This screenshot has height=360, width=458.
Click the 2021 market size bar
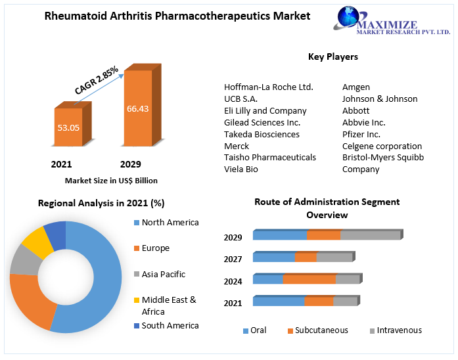click(x=68, y=127)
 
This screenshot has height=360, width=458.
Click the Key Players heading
click(x=333, y=56)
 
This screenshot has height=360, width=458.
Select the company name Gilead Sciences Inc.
click(x=262, y=122)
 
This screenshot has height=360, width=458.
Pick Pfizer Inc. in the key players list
click(x=361, y=134)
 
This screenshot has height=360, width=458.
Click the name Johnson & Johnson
click(x=380, y=99)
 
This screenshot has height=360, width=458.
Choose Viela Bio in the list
click(x=241, y=169)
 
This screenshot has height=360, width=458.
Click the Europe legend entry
click(x=155, y=248)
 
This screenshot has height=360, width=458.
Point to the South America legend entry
click(x=170, y=326)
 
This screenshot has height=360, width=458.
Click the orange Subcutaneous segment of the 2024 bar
click(x=309, y=279)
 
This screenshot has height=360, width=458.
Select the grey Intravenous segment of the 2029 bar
click(x=370, y=235)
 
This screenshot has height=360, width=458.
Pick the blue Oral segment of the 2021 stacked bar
click(x=279, y=302)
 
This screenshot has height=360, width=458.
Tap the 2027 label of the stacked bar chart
click(x=233, y=259)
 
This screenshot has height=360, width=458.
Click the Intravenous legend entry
click(x=396, y=330)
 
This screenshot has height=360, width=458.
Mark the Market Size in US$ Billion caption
click(x=111, y=180)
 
